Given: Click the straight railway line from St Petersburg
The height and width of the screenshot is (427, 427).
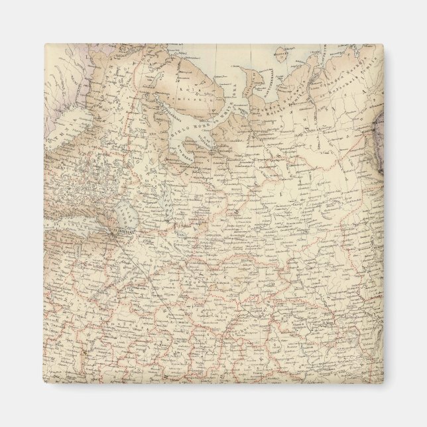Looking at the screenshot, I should pos(139,259).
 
